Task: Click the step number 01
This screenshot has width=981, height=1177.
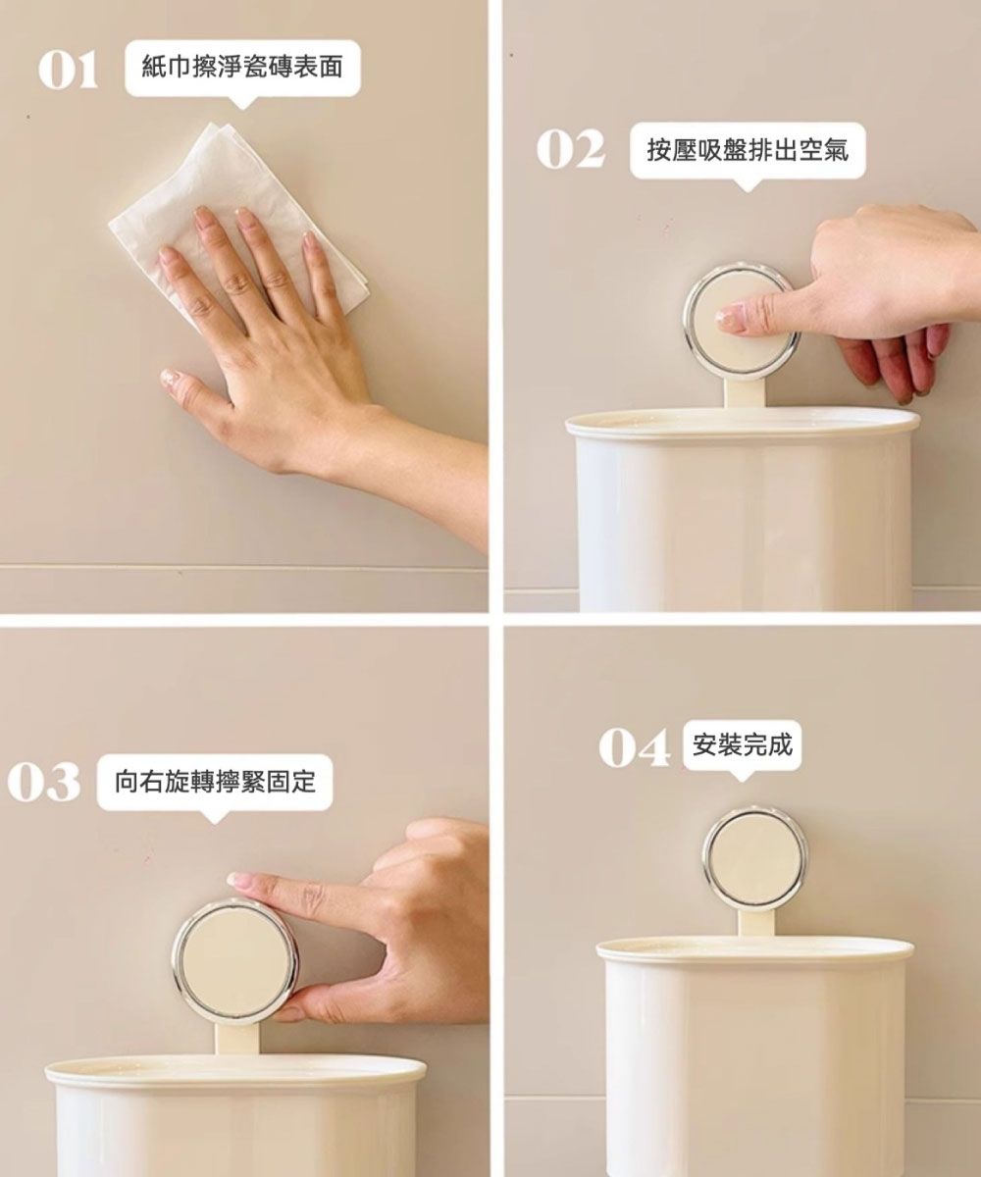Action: pos(69,70)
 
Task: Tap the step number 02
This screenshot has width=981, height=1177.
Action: pos(571,149)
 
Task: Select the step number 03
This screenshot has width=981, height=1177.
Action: pos(44,782)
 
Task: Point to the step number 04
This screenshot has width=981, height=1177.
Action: pos(635,747)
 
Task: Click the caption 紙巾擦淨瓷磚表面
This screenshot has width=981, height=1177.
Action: pos(242,67)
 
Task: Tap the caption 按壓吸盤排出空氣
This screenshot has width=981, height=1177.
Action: pos(748,150)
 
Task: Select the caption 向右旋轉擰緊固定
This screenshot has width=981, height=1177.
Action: pos(215,782)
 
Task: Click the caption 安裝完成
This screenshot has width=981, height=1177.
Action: pos(743,744)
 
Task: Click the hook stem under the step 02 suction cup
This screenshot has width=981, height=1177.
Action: pos(744,393)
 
